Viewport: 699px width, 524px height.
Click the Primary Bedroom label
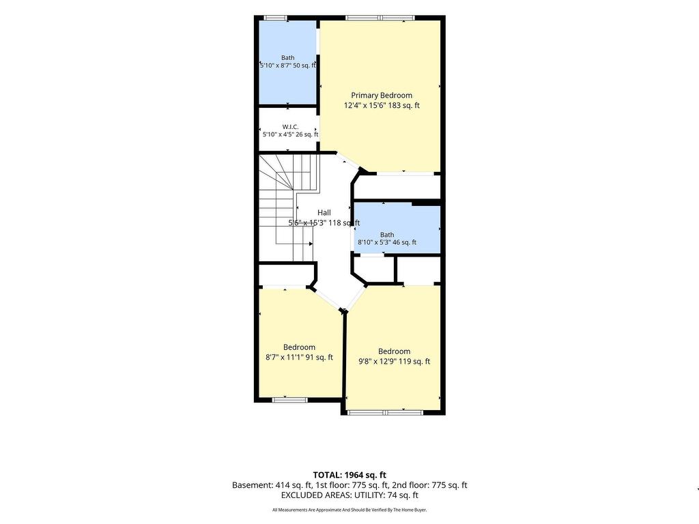pos(382,96)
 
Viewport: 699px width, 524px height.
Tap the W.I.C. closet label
pos(290,127)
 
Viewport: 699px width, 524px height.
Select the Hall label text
pos(324,213)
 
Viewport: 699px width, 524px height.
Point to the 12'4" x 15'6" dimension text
pos(382,106)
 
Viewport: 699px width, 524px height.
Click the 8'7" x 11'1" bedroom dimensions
pos(299,358)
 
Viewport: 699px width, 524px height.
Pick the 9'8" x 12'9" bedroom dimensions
pos(394,362)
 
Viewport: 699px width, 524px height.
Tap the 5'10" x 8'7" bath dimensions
pos(288,65)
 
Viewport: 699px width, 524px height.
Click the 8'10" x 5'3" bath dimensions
pos(387,242)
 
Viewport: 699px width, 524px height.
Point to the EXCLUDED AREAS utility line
pos(349,495)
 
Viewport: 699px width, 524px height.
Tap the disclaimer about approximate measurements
pos(349,510)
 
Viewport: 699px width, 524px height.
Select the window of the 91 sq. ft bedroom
pos(289,400)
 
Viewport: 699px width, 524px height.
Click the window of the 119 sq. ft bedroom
pos(385,413)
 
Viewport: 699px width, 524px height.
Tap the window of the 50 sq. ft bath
pos(275,18)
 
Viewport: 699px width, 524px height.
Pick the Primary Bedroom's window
pos(380,18)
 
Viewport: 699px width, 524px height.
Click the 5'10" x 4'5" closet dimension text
pos(290,134)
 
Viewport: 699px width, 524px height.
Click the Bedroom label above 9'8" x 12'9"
pos(394,351)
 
